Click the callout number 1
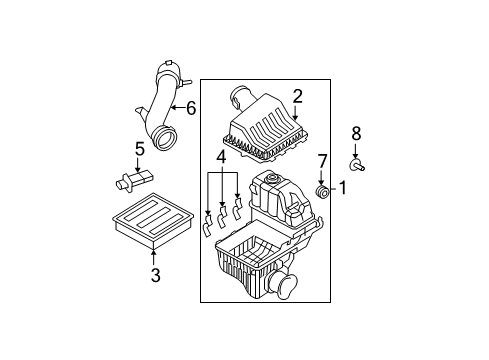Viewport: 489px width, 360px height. point(342,188)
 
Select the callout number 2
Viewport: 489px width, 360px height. point(298,96)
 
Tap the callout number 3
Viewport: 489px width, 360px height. point(155,275)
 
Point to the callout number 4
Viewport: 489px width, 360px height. point(221,157)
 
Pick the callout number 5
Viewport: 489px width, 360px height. point(140,149)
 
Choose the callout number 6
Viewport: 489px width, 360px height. point(191,108)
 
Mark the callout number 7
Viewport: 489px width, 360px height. point(322,161)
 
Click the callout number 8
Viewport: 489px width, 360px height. point(356,134)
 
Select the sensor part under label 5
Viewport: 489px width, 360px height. point(135,180)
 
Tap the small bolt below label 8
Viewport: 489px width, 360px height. point(357,165)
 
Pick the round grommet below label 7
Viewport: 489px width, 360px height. point(322,192)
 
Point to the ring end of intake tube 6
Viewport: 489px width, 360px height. point(164,138)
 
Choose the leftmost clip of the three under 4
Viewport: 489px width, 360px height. point(207,226)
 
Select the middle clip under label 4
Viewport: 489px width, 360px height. point(221,217)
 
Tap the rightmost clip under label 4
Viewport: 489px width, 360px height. point(237,209)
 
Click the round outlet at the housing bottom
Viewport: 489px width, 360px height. point(285,284)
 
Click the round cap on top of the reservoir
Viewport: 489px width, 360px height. point(271,178)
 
